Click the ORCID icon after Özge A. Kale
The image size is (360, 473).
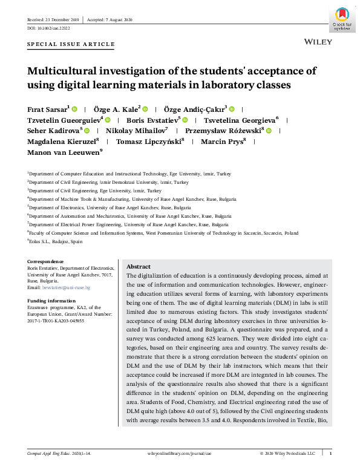(146, 109)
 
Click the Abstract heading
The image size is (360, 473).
(138, 267)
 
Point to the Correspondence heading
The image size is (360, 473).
(45, 261)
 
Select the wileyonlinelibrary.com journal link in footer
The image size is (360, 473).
(180, 453)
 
